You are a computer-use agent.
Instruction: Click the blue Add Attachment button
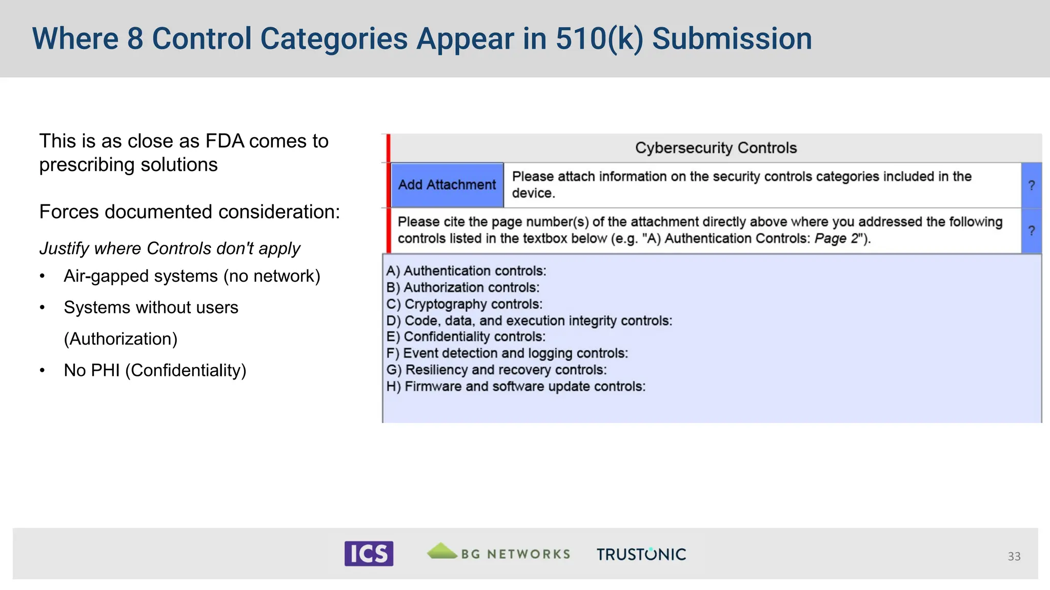(447, 185)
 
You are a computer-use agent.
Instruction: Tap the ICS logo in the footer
(369, 554)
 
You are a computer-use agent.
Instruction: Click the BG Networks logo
(499, 553)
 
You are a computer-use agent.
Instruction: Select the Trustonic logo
(641, 554)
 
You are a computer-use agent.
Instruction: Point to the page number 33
(1014, 556)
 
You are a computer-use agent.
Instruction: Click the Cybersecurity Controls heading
(716, 148)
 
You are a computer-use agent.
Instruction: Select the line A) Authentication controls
(466, 271)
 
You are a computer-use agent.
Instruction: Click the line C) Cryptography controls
(464, 304)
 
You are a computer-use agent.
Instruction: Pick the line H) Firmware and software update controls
(516, 387)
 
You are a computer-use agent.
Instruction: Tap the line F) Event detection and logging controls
(507, 353)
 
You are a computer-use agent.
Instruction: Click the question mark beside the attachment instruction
(1032, 185)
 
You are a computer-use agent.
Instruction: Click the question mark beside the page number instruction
(1032, 230)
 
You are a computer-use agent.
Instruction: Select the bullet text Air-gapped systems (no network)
(192, 276)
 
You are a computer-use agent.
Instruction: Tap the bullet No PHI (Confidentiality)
(155, 370)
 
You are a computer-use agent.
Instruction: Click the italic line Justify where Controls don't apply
(170, 248)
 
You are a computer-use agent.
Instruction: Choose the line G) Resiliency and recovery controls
(496, 370)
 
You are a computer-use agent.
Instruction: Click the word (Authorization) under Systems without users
(120, 339)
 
